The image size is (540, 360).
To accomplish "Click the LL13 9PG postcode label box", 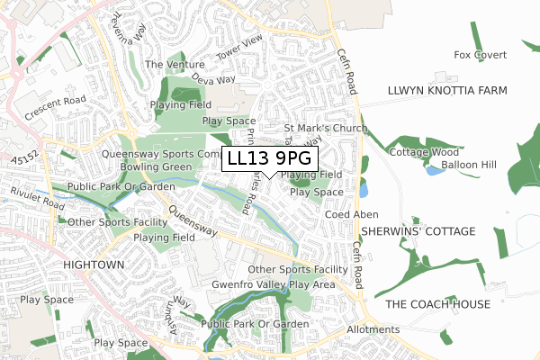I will pos(270,157).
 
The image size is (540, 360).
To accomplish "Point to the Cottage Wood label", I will pos(424,152).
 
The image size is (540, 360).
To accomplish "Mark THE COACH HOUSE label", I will pos(437,304).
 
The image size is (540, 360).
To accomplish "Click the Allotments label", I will pos(373,329).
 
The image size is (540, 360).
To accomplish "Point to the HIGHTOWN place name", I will pos(94,265).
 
